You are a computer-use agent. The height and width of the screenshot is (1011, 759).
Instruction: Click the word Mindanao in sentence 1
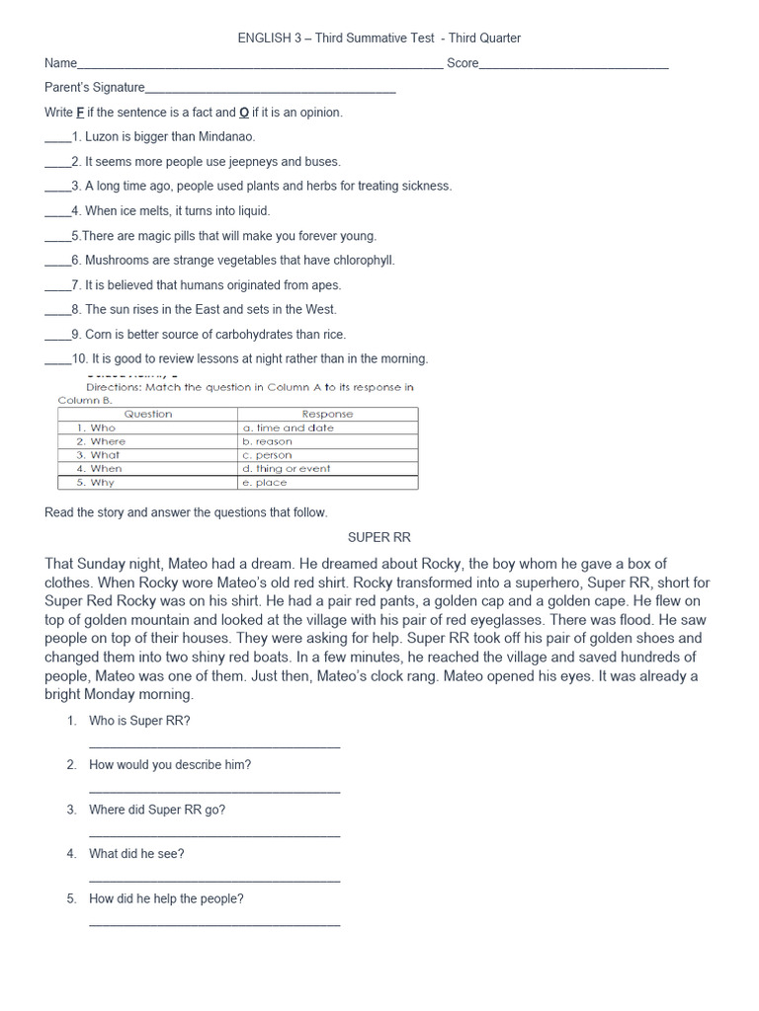pos(226,137)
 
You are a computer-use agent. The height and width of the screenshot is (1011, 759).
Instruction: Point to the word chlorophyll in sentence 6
pos(360,261)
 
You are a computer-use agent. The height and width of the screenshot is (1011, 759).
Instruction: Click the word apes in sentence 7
pos(326,285)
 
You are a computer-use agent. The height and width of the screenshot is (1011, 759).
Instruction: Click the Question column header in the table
pos(148,414)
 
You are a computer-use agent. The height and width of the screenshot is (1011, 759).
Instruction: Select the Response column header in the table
pos(327,414)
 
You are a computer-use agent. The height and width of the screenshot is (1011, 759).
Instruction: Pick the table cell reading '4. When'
pos(100,469)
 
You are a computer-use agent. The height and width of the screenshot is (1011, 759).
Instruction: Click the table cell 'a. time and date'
pos(288,428)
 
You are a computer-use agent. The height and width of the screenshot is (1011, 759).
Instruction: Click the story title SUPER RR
pos(379,537)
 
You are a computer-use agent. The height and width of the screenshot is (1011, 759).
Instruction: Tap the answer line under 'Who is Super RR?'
pos(214,745)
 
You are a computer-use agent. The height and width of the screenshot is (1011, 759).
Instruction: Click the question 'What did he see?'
pos(136,854)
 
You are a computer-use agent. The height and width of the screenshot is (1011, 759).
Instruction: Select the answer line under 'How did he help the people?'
pos(214,923)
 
